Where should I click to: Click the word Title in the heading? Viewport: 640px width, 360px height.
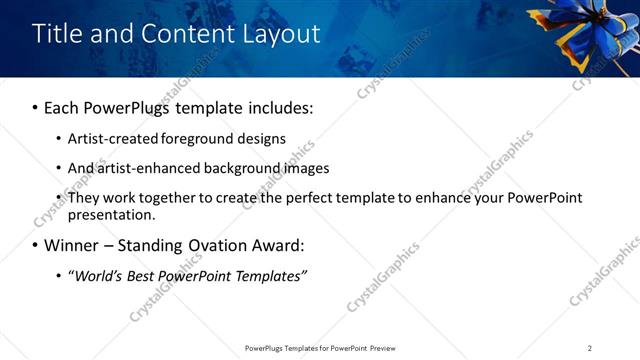tap(58, 34)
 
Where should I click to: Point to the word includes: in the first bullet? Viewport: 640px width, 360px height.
tap(277, 107)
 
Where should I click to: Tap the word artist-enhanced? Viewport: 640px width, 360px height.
tap(145, 168)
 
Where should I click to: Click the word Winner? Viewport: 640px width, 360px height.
tap(70, 245)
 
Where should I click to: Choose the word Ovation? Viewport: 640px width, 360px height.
tap(217, 245)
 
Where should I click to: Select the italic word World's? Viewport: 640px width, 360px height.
tap(99, 275)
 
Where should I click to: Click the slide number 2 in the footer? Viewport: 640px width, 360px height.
tap(590, 348)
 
